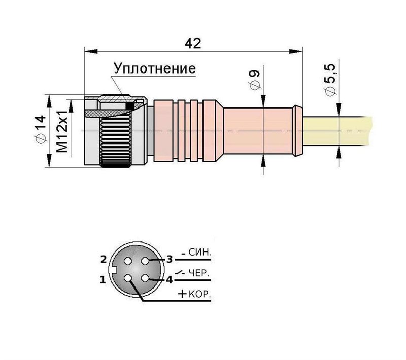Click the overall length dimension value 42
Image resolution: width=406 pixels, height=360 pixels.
(193, 43)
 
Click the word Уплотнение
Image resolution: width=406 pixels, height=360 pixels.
(154, 68)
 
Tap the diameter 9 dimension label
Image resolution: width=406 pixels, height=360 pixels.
(255, 80)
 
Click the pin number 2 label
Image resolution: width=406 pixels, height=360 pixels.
(103, 259)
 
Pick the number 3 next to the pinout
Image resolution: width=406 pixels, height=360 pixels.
(170, 259)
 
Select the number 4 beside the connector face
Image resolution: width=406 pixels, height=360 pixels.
(170, 279)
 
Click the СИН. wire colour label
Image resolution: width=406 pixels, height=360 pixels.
(199, 252)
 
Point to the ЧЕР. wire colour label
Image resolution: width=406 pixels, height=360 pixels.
(199, 273)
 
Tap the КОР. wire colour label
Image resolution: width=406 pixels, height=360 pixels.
(200, 294)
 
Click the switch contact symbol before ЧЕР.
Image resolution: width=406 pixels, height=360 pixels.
(180, 273)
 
